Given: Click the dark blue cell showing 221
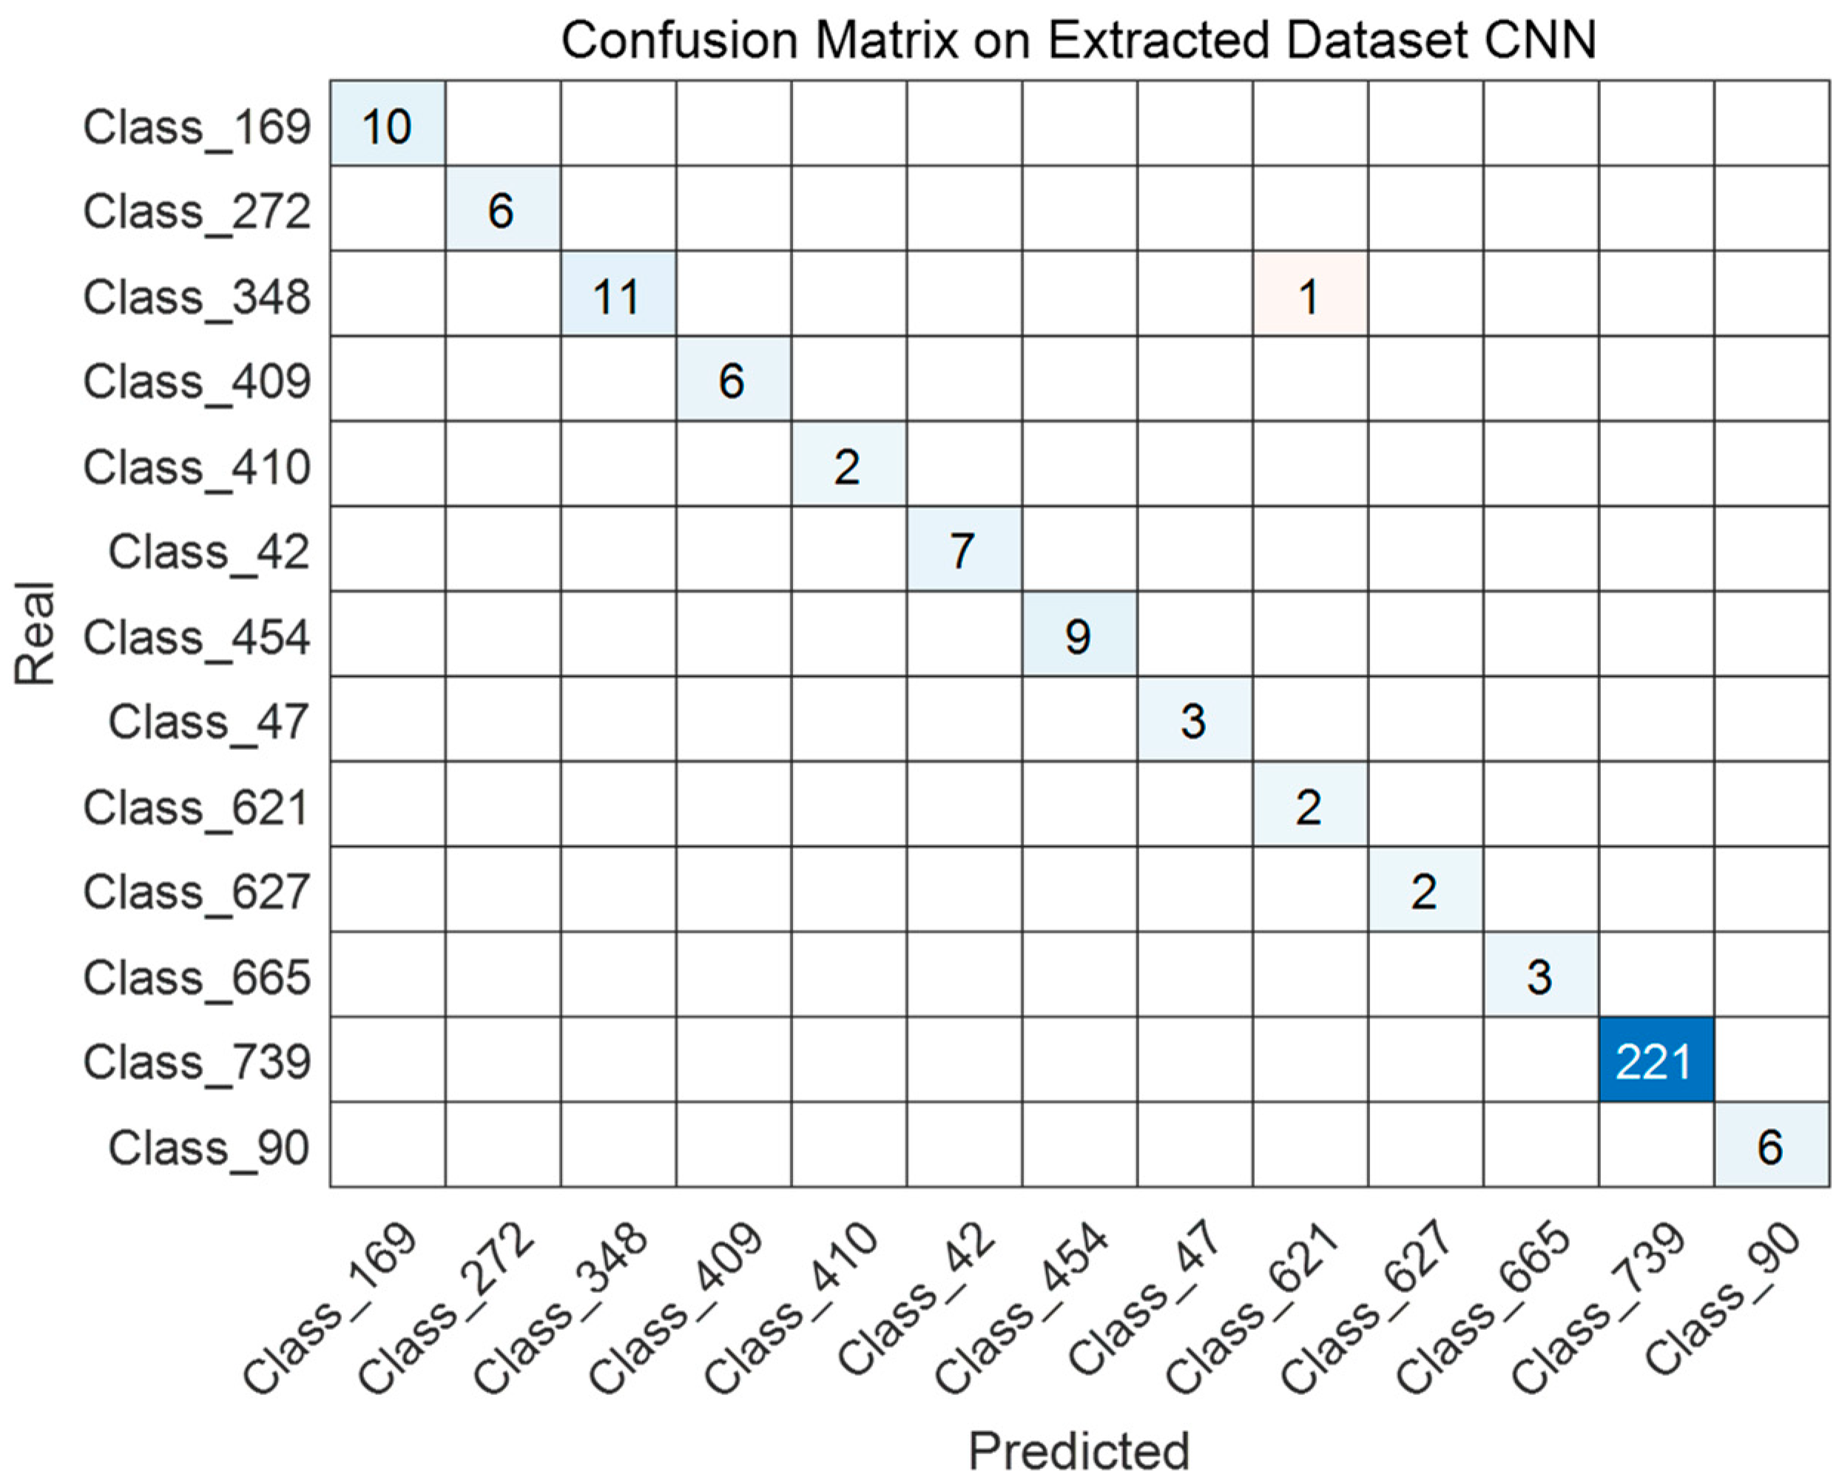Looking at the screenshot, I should coord(1655,1060).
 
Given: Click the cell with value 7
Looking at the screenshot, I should coord(964,550).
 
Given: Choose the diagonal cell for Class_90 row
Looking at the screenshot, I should coord(1770,1145).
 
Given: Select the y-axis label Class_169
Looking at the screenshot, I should coord(197,126).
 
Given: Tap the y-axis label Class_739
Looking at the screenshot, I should coord(197,1062).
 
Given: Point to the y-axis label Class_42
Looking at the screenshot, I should coord(209,551).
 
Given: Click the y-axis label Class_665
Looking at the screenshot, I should coord(197,976).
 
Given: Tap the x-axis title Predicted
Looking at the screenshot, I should coord(1079,1450).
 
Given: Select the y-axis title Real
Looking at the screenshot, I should coord(36,634).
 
